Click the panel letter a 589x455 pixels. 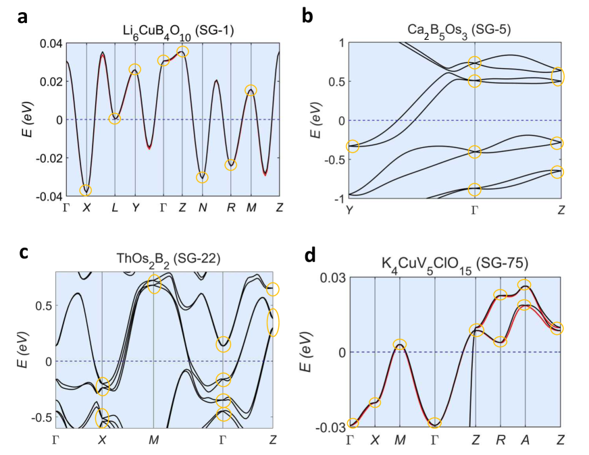(x=23, y=16)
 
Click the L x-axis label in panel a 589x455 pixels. (x=115, y=207)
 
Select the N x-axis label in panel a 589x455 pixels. (x=202, y=207)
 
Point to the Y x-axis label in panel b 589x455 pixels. (x=350, y=210)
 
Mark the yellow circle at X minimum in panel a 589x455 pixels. (x=86, y=190)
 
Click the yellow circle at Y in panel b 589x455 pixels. (x=351, y=146)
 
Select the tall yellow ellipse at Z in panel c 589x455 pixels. (x=273, y=322)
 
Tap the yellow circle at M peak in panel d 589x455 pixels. (x=400, y=344)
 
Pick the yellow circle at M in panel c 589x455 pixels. (x=154, y=284)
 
